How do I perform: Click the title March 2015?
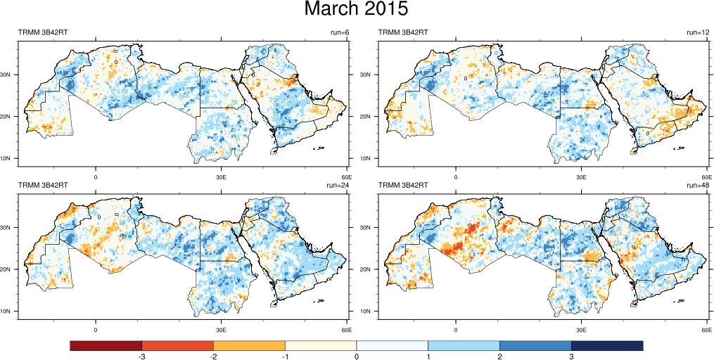pos(356,10)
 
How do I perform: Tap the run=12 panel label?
pos(699,32)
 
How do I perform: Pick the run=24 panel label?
pos(339,185)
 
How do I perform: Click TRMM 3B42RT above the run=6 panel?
pos(43,32)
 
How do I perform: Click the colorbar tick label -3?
pos(141,357)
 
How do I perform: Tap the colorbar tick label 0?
pos(357,357)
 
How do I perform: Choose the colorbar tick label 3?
pos(571,357)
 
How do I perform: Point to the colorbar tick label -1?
pos(284,357)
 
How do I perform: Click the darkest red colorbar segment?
pos(106,345)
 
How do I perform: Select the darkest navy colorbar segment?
pos(607,345)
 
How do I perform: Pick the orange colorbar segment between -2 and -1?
pos(249,345)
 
